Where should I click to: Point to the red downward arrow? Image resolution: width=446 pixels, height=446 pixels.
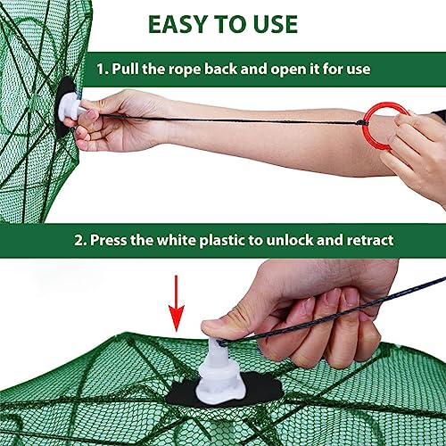(177, 303)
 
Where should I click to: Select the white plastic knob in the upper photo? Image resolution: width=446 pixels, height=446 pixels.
(70, 108)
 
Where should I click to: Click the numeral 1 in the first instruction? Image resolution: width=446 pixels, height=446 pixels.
(101, 70)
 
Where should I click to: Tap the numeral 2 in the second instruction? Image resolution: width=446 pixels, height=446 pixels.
(78, 240)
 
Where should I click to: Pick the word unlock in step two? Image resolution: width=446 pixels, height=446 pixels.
(289, 240)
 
